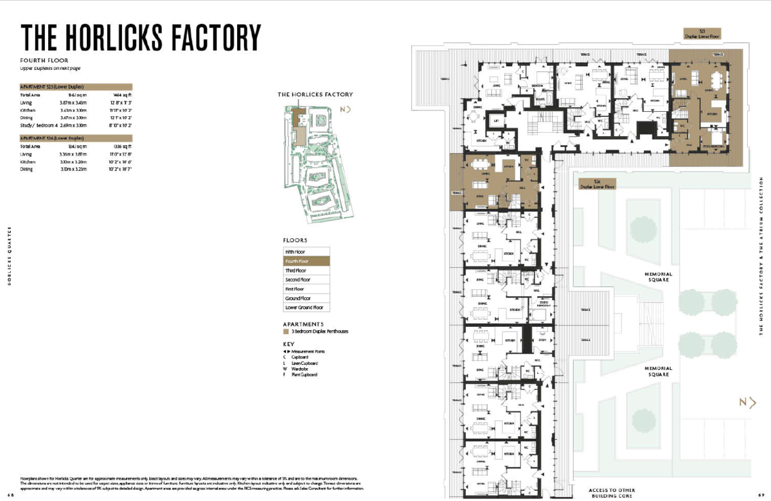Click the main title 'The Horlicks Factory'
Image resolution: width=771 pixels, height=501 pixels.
click(x=141, y=37)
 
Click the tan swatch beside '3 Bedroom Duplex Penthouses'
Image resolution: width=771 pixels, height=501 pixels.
click(x=286, y=331)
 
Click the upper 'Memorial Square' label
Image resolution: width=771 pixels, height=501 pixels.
click(x=658, y=277)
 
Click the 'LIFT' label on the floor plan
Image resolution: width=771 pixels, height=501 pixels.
click(x=496, y=121)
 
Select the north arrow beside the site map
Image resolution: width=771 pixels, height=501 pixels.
click(x=347, y=109)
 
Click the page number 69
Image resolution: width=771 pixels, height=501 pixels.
click(x=762, y=495)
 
